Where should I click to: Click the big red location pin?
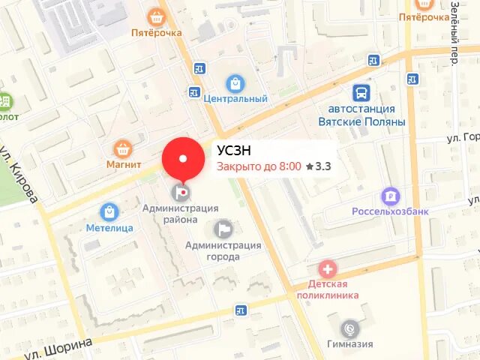183,158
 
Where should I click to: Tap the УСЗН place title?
234,150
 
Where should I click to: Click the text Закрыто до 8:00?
259,166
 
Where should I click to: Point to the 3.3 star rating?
319,166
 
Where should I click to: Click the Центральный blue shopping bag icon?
235,82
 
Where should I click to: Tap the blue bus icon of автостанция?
362,92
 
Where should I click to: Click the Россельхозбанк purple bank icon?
390,196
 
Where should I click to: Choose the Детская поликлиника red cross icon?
328,268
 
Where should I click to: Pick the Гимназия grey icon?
349,328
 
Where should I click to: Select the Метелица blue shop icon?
109,211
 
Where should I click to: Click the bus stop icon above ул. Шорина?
240,310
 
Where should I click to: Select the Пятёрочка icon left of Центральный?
157,16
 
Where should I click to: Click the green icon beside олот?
6,100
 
